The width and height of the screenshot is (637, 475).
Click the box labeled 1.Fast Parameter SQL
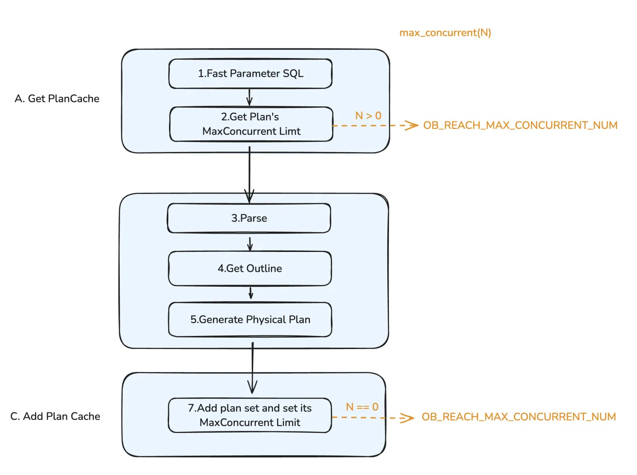250,74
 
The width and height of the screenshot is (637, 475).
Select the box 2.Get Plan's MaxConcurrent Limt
251,124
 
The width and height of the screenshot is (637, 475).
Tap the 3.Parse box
249,218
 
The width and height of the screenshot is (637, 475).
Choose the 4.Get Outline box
250,268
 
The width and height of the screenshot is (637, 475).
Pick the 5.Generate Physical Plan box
250,319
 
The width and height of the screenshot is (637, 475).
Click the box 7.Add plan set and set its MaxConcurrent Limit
250,415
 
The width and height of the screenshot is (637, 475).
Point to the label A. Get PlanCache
57,98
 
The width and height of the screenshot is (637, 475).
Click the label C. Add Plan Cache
55,416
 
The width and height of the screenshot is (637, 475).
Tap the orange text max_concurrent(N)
445,33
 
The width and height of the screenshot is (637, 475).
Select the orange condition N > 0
368,116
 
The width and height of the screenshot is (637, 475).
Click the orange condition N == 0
362,407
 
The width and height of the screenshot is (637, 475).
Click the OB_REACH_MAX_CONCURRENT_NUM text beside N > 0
520,125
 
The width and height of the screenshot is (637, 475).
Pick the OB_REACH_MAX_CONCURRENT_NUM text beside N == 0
519,417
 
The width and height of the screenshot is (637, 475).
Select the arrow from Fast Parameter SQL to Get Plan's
249,98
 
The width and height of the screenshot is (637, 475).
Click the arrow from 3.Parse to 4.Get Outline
250,244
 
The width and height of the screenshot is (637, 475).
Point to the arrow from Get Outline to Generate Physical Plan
251,293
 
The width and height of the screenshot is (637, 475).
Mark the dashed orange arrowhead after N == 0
407,418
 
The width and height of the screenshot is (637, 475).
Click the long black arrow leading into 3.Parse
249,175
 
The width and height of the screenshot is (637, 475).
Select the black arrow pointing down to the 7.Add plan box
252,368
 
